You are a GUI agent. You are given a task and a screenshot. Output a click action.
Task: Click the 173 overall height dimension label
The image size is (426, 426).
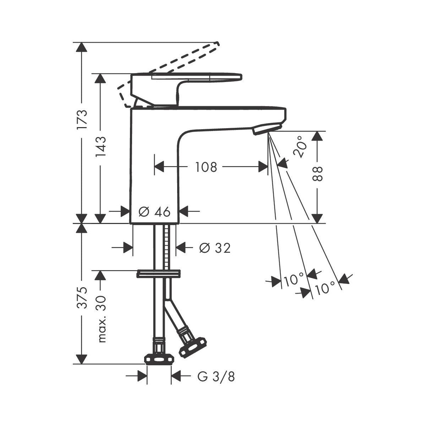[82, 119]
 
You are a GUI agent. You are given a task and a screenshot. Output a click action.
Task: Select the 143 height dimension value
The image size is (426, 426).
[100, 147]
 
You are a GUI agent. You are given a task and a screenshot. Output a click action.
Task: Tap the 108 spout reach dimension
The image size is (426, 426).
[206, 167]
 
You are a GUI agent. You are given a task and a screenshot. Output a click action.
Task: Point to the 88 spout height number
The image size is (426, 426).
[317, 174]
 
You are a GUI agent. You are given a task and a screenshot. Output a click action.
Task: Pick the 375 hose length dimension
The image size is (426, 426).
[82, 297]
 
